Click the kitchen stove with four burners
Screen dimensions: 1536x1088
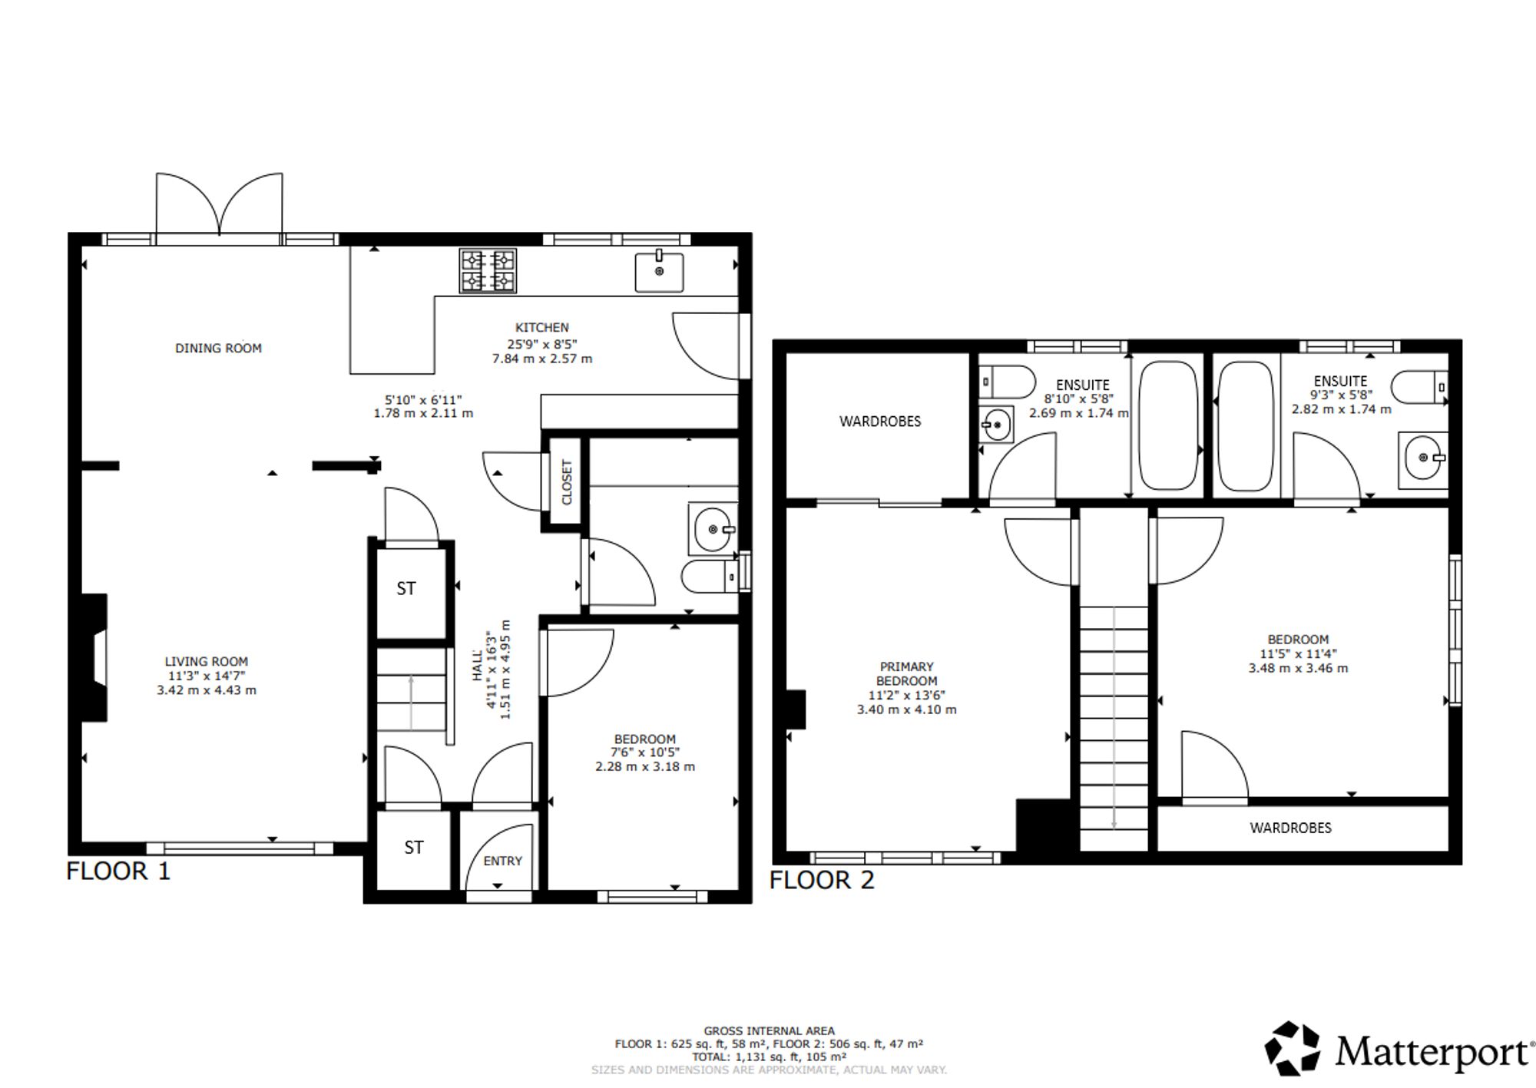[x=488, y=271]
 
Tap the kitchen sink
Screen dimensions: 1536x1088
[x=659, y=272]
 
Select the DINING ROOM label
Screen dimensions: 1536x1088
[x=218, y=349]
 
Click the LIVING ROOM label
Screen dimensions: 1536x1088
[x=207, y=661]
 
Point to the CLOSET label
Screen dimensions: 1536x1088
[x=567, y=482]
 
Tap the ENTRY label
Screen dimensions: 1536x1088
[x=502, y=861]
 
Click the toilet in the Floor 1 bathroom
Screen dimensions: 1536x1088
[x=710, y=576]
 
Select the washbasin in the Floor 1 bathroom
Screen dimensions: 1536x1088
[x=713, y=528]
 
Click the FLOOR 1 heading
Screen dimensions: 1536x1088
[x=118, y=871]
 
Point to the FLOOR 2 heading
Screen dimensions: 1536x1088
[x=822, y=880]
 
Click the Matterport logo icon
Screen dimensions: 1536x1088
[x=1293, y=1048]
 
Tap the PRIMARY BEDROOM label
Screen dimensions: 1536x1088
[x=907, y=673]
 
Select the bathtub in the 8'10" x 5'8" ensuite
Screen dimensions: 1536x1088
[x=1168, y=425]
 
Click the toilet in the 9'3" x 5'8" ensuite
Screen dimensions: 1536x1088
[x=1419, y=388]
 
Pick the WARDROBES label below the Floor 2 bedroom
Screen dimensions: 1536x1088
[x=1290, y=828]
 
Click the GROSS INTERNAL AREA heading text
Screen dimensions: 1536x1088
[x=769, y=1031]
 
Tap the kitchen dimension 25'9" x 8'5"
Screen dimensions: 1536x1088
[x=542, y=344]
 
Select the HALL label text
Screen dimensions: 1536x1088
[x=478, y=665]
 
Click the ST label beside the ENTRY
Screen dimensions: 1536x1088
[x=414, y=847]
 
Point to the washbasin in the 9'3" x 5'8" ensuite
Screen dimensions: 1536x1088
[x=1423, y=458]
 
